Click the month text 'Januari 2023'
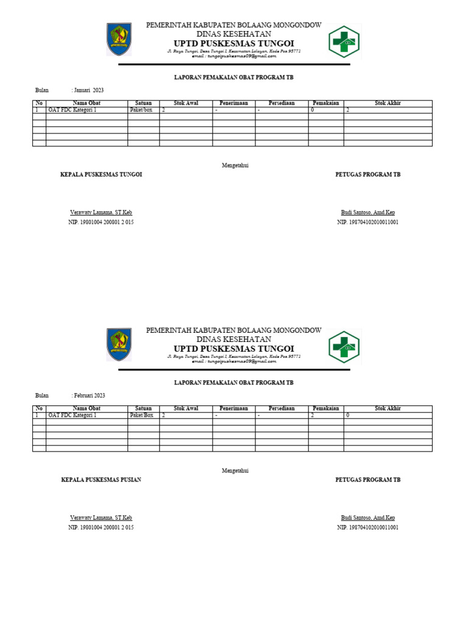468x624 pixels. [88, 90]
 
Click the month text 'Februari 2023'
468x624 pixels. [89, 395]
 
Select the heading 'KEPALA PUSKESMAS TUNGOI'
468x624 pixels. [101, 174]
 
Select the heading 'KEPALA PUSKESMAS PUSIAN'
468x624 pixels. [101, 480]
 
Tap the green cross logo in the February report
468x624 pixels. [344, 347]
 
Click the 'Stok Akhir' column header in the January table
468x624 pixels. [388, 104]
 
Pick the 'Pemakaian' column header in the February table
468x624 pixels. [326, 408]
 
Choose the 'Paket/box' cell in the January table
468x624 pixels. [141, 110]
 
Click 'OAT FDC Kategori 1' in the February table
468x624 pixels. [73, 415]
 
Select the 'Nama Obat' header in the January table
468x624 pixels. [87, 104]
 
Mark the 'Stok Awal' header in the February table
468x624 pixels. [186, 408]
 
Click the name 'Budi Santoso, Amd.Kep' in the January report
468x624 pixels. [368, 213]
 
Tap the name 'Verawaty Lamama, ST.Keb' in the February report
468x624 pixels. [101, 517]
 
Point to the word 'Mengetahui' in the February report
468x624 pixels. [235, 470]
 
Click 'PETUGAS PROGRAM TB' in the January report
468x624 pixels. [368, 174]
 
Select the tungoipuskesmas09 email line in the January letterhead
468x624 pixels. [234, 56]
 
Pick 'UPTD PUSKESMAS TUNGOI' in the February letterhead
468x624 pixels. [234, 349]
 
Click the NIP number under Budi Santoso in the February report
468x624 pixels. [368, 528]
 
